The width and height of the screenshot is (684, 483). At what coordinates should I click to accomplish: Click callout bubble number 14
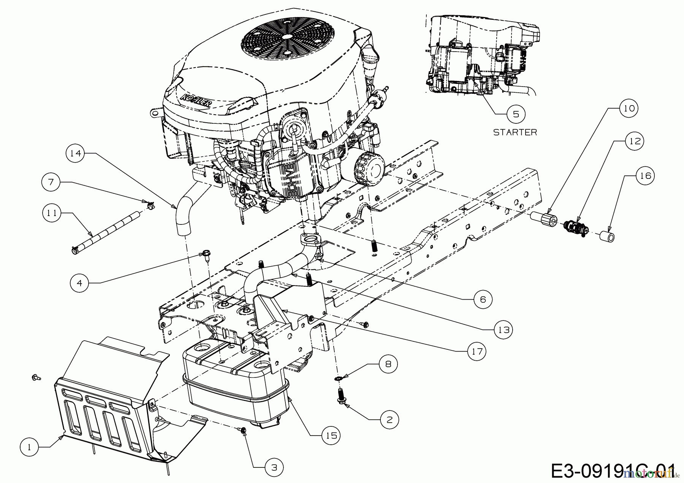point(76,153)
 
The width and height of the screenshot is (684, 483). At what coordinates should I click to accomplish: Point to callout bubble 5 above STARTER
point(516,114)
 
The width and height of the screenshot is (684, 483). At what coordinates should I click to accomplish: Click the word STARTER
point(515,132)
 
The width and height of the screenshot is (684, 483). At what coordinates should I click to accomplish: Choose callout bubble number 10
point(629,108)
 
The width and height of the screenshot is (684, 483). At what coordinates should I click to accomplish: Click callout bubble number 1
point(30,447)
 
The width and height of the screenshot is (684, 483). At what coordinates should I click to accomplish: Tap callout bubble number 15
point(331,435)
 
